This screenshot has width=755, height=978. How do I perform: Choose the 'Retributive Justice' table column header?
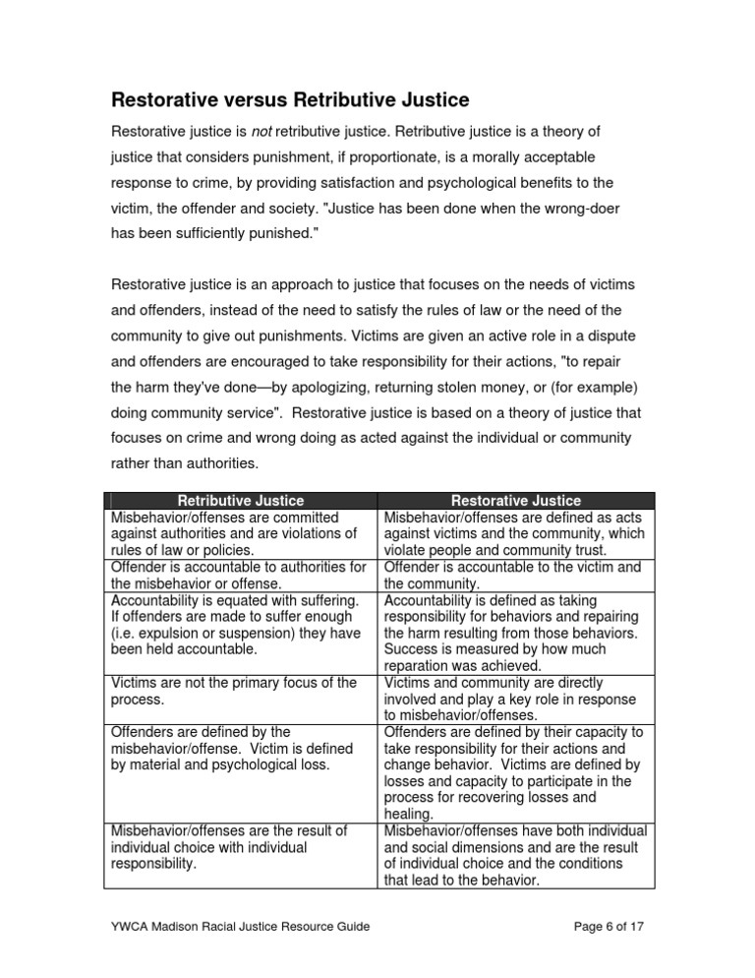click(241, 501)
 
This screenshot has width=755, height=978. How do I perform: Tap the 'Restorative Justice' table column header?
click(516, 501)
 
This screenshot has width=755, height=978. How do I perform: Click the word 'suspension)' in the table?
click(273, 634)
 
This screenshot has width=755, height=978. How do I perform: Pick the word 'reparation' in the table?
click(420, 666)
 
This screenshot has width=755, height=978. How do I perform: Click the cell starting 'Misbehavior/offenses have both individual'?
click(516, 854)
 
